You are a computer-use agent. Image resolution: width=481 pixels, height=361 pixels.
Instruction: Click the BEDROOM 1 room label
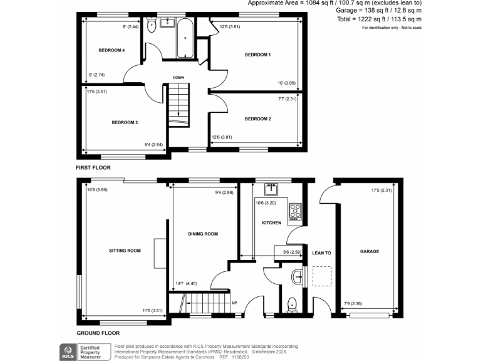[x=257, y=55]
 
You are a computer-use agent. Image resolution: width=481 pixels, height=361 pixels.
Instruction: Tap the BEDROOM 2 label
[x=257, y=118]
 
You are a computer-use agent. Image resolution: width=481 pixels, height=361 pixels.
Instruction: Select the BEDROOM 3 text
[x=125, y=122]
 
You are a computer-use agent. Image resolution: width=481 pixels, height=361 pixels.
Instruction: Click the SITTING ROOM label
[x=125, y=251]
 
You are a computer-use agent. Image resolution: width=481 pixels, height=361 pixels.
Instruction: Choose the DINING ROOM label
[x=203, y=234]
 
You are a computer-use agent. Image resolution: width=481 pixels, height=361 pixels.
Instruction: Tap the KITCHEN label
[x=271, y=222]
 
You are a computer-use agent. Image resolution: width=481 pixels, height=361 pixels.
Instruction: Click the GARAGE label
[x=370, y=251]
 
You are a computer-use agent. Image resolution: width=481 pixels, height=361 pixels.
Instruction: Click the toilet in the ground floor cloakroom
[x=291, y=305]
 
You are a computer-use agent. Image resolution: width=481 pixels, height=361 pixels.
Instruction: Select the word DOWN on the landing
[x=178, y=78]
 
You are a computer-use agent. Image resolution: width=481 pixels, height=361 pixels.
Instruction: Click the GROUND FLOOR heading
[x=98, y=333]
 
